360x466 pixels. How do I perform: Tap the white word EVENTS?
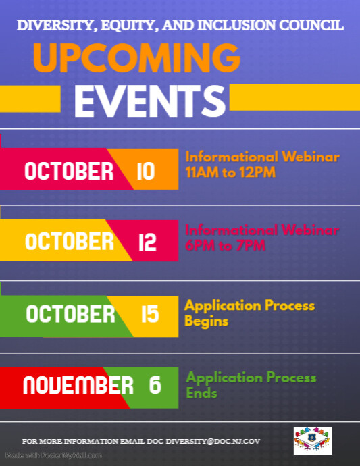(x=150, y=101)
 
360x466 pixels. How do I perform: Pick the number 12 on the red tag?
(x=147, y=242)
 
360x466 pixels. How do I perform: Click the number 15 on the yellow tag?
(x=150, y=314)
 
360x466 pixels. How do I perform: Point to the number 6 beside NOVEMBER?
(x=155, y=386)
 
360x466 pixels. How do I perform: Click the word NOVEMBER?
(x=78, y=386)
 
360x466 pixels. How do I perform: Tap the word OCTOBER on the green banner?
(x=71, y=314)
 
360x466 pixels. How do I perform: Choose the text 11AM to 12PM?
(x=230, y=173)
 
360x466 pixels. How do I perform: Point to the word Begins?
(x=206, y=321)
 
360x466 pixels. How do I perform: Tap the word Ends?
(x=201, y=393)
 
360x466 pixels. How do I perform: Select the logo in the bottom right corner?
(x=313, y=440)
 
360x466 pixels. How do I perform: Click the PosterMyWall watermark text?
(x=54, y=455)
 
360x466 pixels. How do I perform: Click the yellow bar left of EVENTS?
(x=30, y=101)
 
